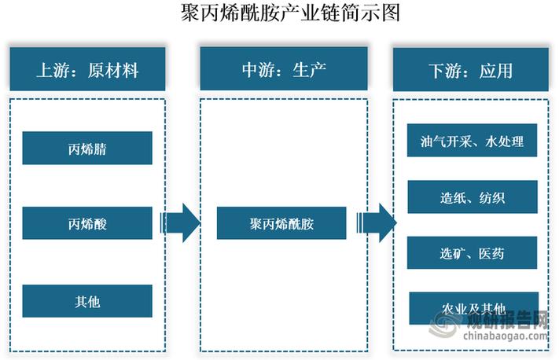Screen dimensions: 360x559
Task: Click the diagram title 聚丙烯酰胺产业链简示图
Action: (279, 14)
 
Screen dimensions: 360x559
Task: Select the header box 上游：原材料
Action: (87, 70)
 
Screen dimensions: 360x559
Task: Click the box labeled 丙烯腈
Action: (87, 149)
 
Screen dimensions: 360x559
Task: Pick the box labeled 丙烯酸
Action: (87, 224)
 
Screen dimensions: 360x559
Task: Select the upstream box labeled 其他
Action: (87, 301)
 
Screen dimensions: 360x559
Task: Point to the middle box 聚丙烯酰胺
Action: (281, 224)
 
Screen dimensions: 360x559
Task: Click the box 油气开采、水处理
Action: (473, 141)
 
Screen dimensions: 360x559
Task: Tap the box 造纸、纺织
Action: (473, 197)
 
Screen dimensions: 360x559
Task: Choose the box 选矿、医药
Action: (473, 252)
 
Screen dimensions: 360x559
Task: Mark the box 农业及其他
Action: (473, 307)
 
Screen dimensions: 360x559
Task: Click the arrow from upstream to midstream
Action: (181, 223)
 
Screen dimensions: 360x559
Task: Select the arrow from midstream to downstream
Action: (376, 223)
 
